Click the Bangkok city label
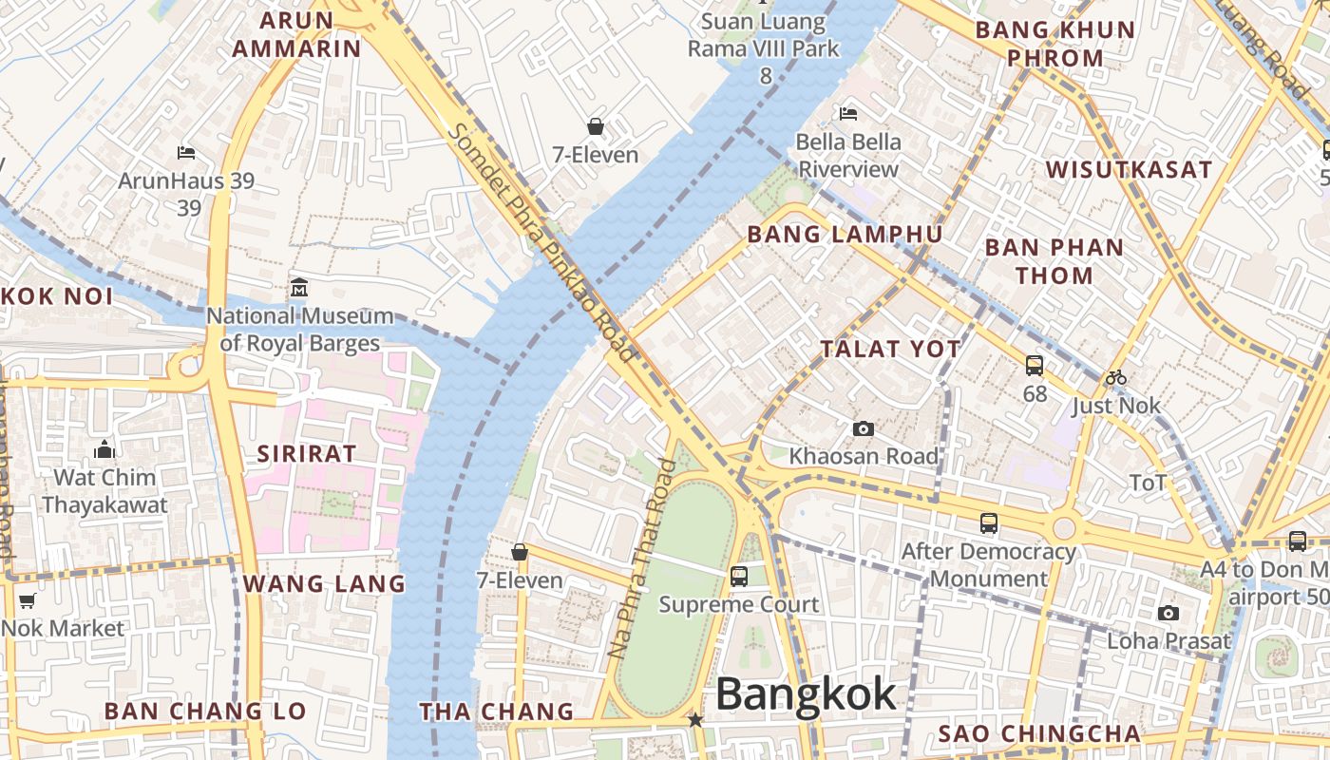pos(806,694)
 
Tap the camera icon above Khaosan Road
pos(863,429)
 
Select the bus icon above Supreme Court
pos(738,576)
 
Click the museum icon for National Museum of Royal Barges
pos(299,287)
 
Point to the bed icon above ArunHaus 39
pos(186,152)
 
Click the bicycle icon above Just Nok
pos(1115,377)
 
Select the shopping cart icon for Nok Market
pos(27,600)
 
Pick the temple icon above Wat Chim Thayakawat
pos(104,449)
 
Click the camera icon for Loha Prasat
pos(1168,613)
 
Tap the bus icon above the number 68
pos(1034,366)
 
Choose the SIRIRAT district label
pos(306,454)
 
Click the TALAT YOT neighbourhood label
pos(891,349)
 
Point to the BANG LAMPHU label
pos(845,235)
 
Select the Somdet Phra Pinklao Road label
pos(542,242)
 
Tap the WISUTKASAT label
pos(1129,170)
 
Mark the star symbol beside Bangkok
pos(695,720)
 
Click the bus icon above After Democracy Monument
pos(988,523)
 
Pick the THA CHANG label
pos(497,712)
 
